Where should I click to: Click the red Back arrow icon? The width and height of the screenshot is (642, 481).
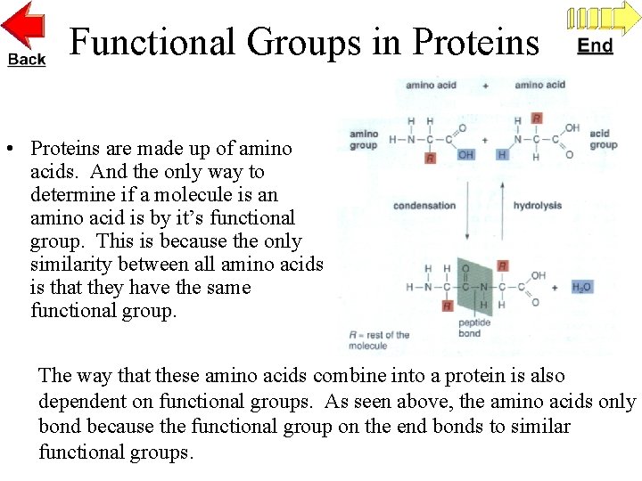[25, 25]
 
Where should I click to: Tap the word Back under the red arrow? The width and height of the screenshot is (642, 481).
[26, 59]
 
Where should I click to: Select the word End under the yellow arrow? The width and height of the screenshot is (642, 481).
[595, 45]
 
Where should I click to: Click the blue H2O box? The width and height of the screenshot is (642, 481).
[580, 287]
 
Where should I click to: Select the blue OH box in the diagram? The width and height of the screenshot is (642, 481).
[465, 155]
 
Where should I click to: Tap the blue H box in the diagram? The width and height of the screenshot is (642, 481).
[502, 155]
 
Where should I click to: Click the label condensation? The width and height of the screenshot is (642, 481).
[424, 206]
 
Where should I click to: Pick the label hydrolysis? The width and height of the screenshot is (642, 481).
[537, 206]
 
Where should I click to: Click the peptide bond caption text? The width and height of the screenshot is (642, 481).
[469, 329]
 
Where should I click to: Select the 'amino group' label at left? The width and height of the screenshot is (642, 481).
[363, 139]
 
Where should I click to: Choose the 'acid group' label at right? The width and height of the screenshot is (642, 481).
[603, 139]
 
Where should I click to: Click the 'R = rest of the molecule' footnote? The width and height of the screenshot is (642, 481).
[379, 340]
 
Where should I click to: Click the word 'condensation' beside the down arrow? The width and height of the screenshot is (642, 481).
[424, 206]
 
